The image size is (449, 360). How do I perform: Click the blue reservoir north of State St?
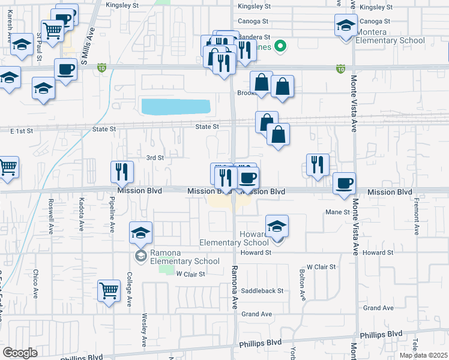pos(176,107)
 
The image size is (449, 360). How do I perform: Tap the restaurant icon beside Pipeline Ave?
pos(122,172)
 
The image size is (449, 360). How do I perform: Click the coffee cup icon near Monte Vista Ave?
pos(344,184)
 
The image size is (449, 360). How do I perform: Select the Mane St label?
pos(337,212)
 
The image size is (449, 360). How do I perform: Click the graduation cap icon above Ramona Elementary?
pos(140,233)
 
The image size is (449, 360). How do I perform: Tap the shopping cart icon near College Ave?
pos(109,292)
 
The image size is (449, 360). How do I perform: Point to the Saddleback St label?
pos(263,291)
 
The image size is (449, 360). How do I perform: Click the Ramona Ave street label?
pos(235,288)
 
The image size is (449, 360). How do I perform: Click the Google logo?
pos(20,353)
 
